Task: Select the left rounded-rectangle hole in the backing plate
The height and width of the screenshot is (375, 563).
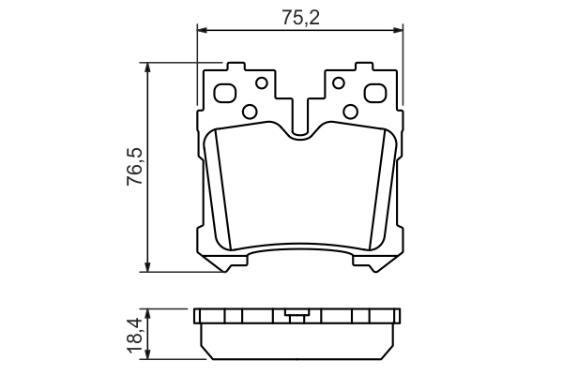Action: tap(226, 94)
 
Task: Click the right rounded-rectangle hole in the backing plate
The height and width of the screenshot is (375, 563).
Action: tap(374, 94)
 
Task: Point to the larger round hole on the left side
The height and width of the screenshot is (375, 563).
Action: tap(250, 112)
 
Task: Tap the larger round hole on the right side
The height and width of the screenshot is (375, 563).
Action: tap(351, 112)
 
